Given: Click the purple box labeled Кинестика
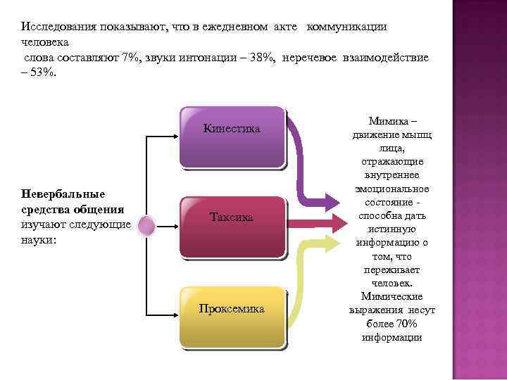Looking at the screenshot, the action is coord(232,137).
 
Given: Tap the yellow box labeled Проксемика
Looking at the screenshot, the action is coord(232,316).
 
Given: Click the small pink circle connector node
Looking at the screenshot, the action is coord(146,226).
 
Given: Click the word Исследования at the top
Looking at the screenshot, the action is coord(54,26).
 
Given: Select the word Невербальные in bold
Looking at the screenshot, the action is coord(63,194).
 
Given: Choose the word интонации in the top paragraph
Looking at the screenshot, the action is coord(206,57).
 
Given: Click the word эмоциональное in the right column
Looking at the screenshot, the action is coord(392,189).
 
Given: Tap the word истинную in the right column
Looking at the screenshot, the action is coord(392,229).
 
